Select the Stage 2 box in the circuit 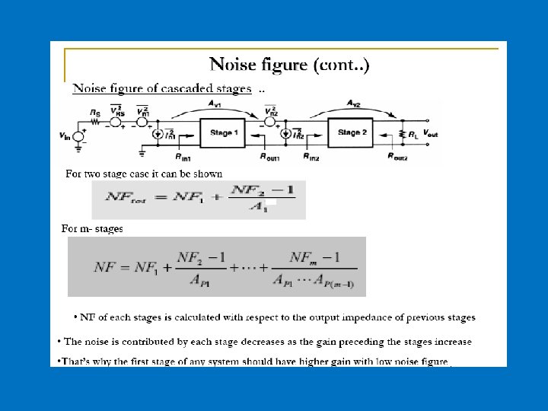(349, 132)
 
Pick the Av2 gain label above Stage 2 (354, 104)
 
